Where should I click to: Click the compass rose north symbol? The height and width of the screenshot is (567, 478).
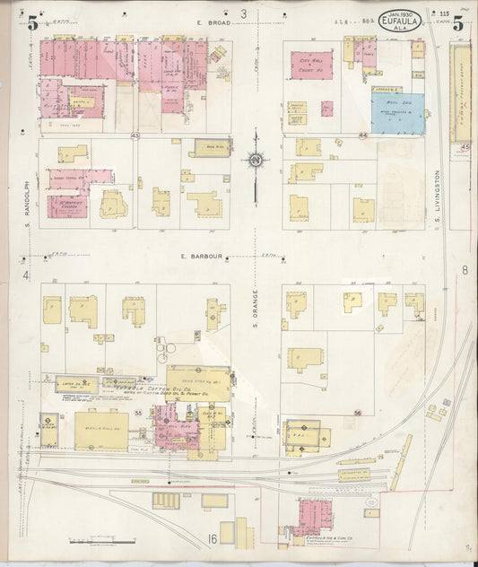coord(256,161)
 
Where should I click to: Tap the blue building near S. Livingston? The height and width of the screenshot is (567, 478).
coord(398,113)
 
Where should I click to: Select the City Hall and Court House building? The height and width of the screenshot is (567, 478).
coord(311,64)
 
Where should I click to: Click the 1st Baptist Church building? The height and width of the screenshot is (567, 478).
coord(71,203)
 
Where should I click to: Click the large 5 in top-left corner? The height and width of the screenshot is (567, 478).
coord(33,24)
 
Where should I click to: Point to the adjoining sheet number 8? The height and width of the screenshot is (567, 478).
coord(465,270)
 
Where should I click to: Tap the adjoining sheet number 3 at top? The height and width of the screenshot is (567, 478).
coord(243,14)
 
